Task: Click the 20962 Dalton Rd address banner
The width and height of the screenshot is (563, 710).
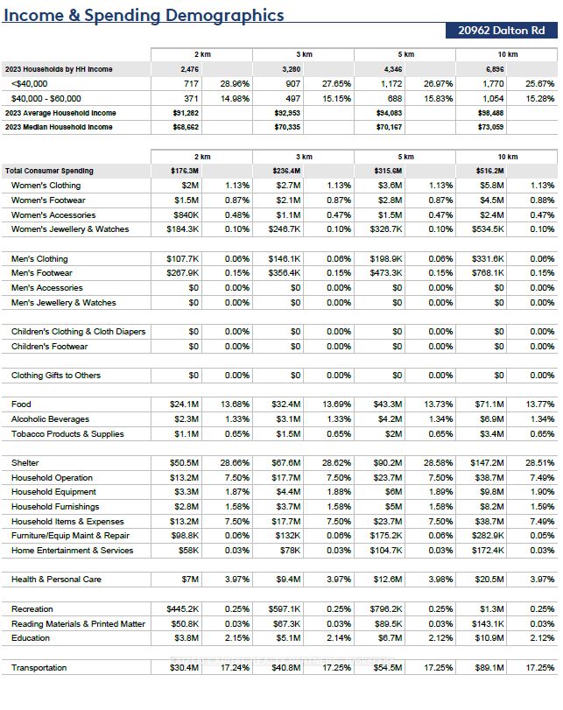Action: [x=502, y=30]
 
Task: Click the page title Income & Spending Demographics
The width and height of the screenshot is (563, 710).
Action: [x=144, y=15]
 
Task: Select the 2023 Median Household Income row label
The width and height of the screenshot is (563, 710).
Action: [x=59, y=127]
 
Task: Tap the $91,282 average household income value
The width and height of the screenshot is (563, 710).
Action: [x=185, y=113]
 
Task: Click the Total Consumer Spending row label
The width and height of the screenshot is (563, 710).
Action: [x=49, y=171]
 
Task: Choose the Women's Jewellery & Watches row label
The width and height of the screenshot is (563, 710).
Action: [x=70, y=229]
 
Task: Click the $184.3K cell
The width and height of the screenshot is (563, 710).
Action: [x=183, y=229]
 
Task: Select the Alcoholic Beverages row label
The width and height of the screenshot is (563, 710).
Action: [x=50, y=419]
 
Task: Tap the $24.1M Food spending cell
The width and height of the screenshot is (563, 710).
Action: [x=185, y=404]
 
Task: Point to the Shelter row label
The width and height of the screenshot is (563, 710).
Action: [x=25, y=463]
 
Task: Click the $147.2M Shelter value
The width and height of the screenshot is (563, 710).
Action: [x=489, y=463]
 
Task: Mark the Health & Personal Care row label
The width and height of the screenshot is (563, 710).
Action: [x=56, y=580]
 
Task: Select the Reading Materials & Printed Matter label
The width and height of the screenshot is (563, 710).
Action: [x=78, y=624]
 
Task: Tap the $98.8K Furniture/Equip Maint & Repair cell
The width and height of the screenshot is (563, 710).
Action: [x=184, y=536]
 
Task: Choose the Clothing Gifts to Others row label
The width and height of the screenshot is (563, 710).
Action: [x=56, y=376]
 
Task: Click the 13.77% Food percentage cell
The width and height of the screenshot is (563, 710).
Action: [x=539, y=404]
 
